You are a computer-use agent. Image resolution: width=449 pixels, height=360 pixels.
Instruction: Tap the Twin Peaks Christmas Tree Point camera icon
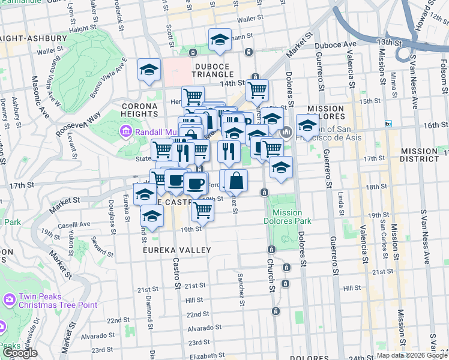pos(9,299)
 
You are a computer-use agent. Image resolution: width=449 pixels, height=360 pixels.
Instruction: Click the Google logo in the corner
pos(20,353)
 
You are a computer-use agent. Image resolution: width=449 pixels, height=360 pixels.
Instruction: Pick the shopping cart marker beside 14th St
pos(257,91)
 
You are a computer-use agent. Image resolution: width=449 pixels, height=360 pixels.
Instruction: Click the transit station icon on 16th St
pos(388,124)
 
